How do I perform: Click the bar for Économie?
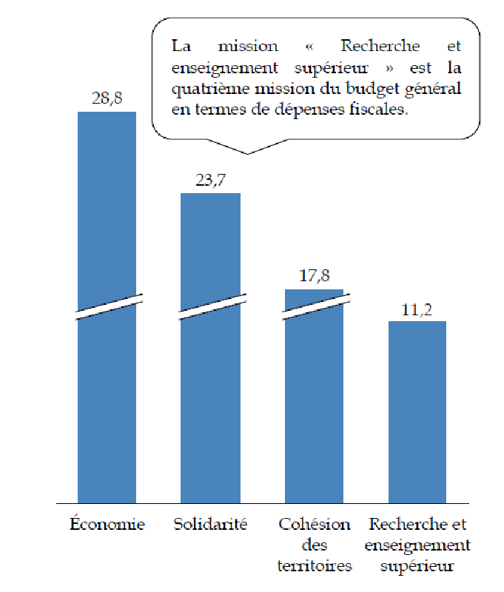click(x=107, y=400)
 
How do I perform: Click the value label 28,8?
click(x=107, y=99)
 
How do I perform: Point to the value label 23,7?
click(x=211, y=181)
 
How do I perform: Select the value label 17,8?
click(x=315, y=277)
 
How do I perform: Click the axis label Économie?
click(x=107, y=525)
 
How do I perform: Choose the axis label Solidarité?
click(x=211, y=525)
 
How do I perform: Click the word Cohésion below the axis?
click(x=315, y=525)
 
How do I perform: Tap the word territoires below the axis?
click(x=315, y=566)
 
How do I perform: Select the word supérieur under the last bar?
click(x=417, y=566)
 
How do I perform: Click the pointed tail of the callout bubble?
click(x=247, y=152)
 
